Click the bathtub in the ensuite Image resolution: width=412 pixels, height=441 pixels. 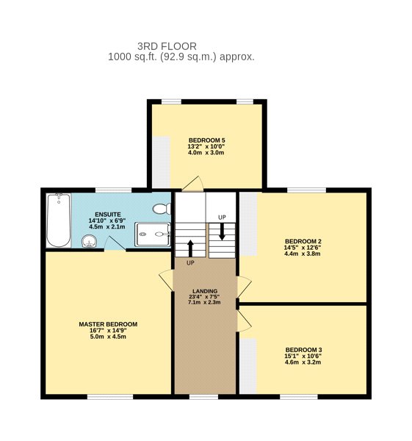[x=59, y=220]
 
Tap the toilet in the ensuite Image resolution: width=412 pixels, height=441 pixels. [x=162, y=209]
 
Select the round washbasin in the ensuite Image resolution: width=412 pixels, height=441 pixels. [x=90, y=241]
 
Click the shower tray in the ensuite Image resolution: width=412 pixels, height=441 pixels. [x=153, y=234]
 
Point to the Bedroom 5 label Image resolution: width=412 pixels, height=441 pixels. [x=206, y=140]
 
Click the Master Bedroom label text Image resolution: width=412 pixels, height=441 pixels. [x=108, y=324]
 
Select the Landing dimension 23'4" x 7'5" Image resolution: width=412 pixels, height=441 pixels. [x=204, y=296]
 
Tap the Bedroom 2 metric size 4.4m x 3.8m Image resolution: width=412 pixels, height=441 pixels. [x=303, y=254]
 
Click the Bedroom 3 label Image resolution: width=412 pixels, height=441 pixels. [x=303, y=350]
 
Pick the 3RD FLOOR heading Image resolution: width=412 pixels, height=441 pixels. [x=167, y=46]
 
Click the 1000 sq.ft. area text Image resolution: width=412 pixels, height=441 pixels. [x=133, y=57]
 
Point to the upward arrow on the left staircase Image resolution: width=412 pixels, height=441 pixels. [x=190, y=248]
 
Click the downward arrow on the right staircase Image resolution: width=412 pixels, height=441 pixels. [x=222, y=232]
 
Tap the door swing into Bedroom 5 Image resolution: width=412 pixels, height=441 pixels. [x=193, y=184]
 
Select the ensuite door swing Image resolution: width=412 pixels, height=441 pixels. [x=115, y=243]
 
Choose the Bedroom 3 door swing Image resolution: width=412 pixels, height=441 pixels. [x=244, y=320]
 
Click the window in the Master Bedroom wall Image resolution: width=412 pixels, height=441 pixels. [x=110, y=397]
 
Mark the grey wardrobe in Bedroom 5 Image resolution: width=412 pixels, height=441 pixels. [x=162, y=162]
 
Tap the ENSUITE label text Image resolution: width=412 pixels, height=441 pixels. [x=108, y=215]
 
